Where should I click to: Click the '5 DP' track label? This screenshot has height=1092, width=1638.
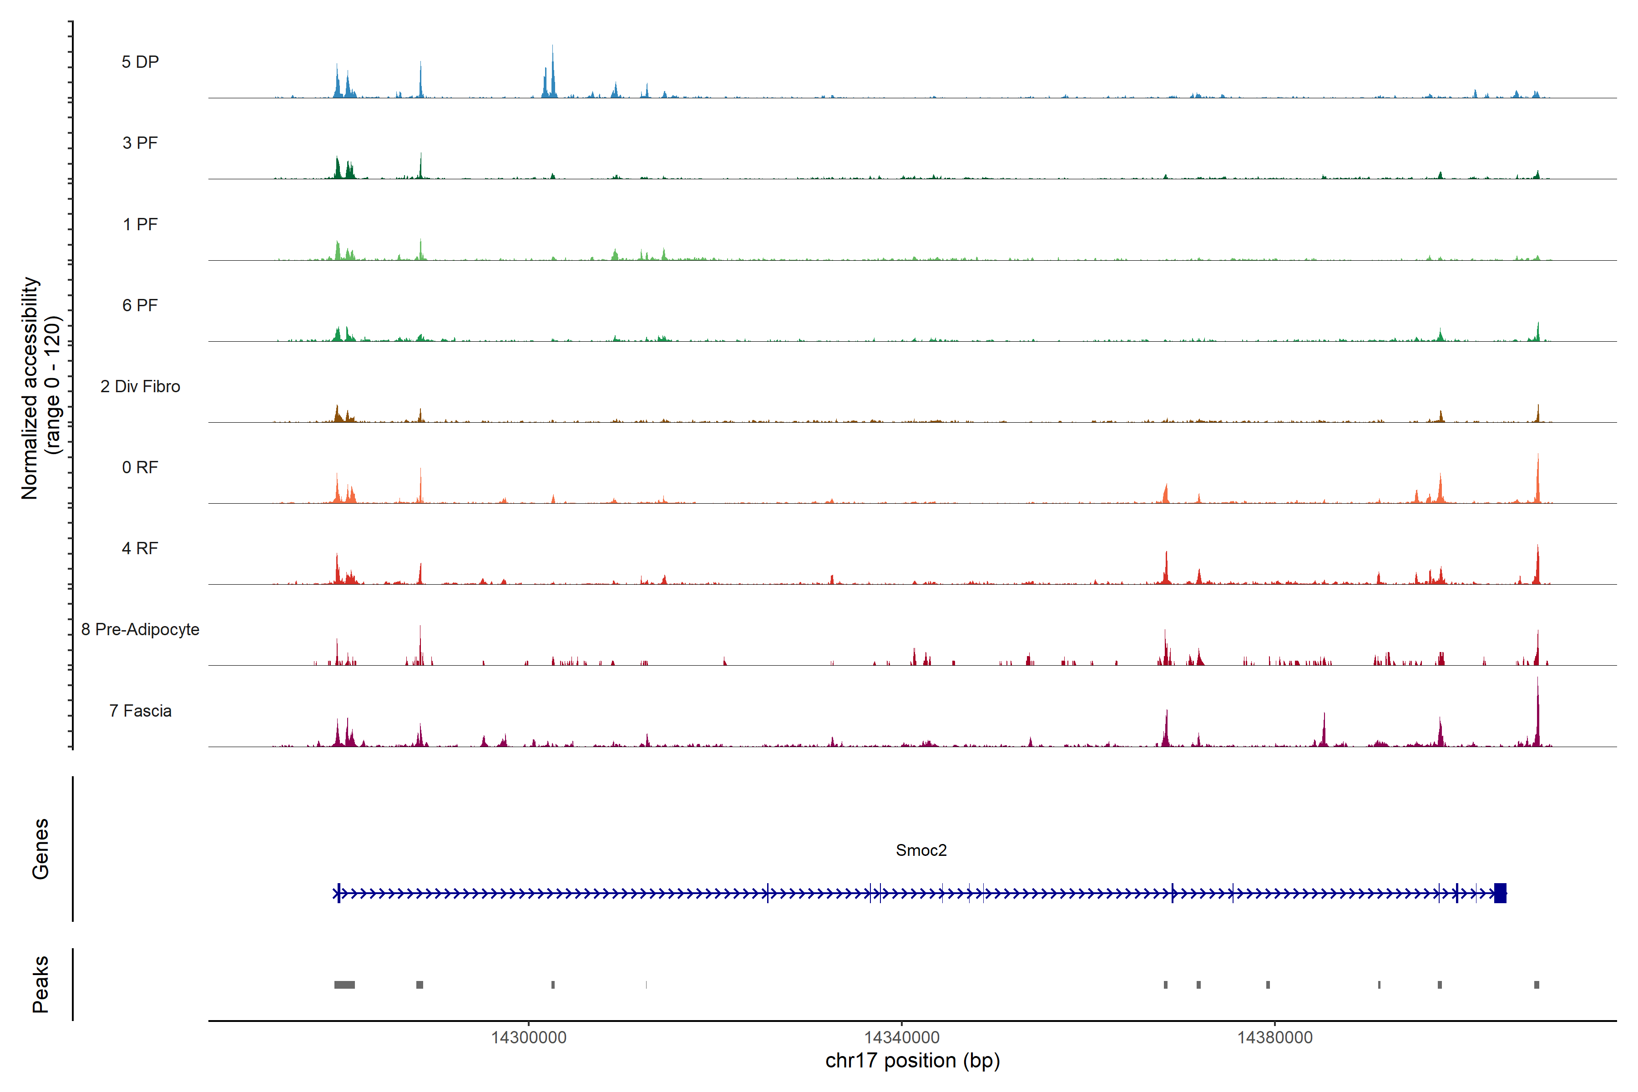point(140,62)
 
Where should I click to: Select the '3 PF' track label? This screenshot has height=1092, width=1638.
point(140,143)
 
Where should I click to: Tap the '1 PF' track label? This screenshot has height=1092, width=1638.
point(140,224)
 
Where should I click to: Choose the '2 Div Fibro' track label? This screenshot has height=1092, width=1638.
point(140,386)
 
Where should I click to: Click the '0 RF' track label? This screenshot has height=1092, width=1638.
point(140,467)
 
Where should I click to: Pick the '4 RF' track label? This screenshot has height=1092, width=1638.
point(140,548)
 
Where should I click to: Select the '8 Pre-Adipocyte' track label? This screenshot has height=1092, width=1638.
point(140,630)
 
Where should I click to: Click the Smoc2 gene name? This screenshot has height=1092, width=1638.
point(920,850)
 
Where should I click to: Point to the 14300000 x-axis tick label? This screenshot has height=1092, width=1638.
point(529,1037)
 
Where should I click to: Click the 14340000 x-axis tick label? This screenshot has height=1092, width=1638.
point(902,1037)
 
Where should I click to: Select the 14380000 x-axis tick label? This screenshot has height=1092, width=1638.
point(1274,1037)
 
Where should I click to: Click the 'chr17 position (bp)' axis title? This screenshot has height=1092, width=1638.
point(912,1061)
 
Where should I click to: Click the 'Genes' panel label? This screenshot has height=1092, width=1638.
point(40,849)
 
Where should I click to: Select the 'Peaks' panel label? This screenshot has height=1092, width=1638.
point(40,984)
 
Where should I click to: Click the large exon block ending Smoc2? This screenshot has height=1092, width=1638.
point(1500,893)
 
